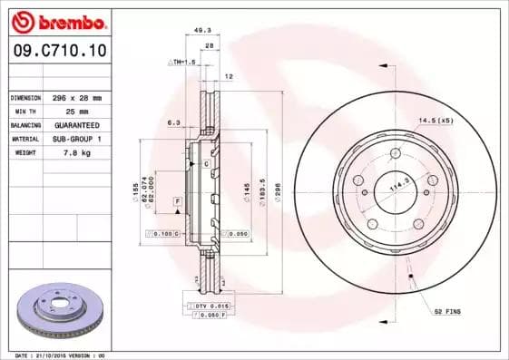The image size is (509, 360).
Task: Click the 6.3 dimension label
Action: tap(172, 121)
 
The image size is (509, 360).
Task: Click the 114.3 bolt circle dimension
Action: tap(395, 189)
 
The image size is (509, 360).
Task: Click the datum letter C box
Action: tap(206, 163)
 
